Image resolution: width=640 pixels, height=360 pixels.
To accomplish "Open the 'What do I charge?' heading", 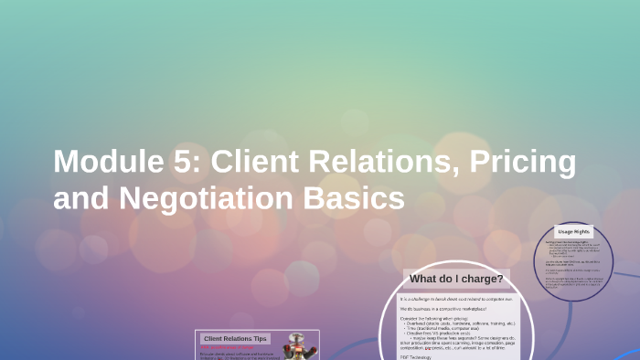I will click(456, 279).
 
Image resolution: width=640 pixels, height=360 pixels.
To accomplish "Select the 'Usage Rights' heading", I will click(574, 232).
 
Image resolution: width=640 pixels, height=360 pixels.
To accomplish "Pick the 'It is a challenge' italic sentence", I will click(456, 299).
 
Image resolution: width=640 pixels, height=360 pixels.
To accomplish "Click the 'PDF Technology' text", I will click(416, 357).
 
